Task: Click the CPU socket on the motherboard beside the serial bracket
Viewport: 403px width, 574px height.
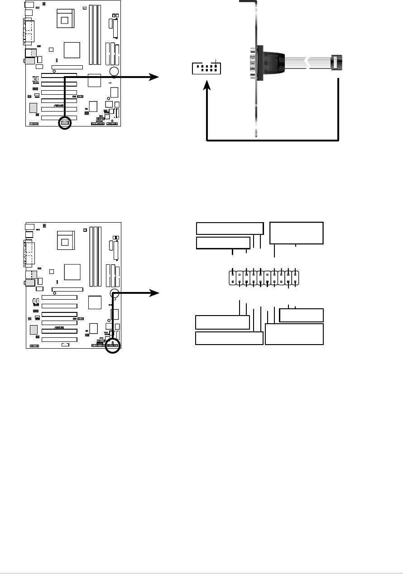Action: pos(66,19)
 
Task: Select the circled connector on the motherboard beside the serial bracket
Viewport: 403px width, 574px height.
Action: pos(65,123)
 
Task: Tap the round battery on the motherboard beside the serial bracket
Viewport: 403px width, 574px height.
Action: pos(114,72)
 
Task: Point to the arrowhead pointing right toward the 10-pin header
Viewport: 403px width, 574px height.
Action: pos(156,78)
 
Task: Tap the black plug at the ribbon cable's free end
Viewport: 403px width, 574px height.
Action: pos(336,62)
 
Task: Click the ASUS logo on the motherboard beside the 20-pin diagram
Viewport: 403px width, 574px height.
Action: pos(58,327)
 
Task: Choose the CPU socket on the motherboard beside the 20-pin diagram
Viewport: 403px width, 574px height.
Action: pos(66,239)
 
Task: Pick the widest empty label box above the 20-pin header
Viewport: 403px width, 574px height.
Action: pos(230,228)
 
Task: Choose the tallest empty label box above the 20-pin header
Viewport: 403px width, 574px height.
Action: pos(296,233)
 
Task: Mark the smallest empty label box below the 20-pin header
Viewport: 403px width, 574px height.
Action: pos(302,315)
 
